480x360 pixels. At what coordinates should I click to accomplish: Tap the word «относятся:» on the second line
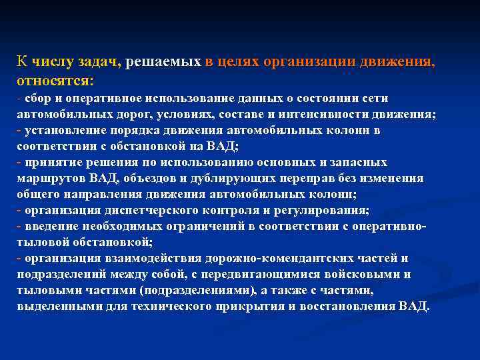55,80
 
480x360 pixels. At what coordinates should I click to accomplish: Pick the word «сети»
375,99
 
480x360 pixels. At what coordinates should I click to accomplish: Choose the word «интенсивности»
341,115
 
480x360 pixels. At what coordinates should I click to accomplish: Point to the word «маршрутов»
47,179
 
